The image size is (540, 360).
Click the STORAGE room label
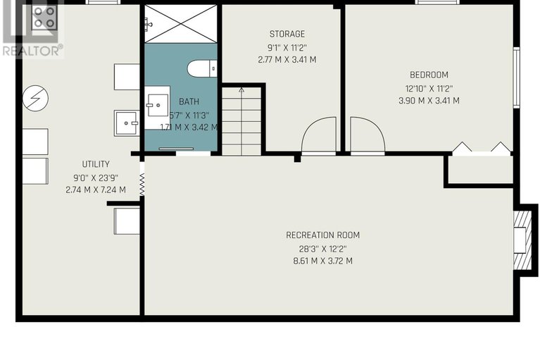(287, 34)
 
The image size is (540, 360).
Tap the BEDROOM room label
(429, 75)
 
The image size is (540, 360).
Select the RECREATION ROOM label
(322, 235)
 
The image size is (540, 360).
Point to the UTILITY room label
(96, 164)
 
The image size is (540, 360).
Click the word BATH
(189, 101)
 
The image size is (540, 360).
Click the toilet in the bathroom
(202, 69)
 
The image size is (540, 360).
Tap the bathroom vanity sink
(157, 108)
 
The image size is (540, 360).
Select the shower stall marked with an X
(180, 24)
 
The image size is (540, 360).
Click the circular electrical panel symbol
(35, 98)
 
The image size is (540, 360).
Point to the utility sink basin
(127, 123)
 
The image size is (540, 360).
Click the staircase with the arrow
(241, 120)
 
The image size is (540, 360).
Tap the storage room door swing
(318, 135)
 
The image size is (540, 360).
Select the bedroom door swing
(367, 135)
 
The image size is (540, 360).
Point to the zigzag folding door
(142, 185)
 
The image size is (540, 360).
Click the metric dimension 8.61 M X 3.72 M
(322, 261)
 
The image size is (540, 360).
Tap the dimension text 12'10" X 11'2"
(429, 89)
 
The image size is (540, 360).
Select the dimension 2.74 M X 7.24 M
(96, 190)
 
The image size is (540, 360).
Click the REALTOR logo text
(32, 51)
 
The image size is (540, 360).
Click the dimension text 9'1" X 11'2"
(287, 47)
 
